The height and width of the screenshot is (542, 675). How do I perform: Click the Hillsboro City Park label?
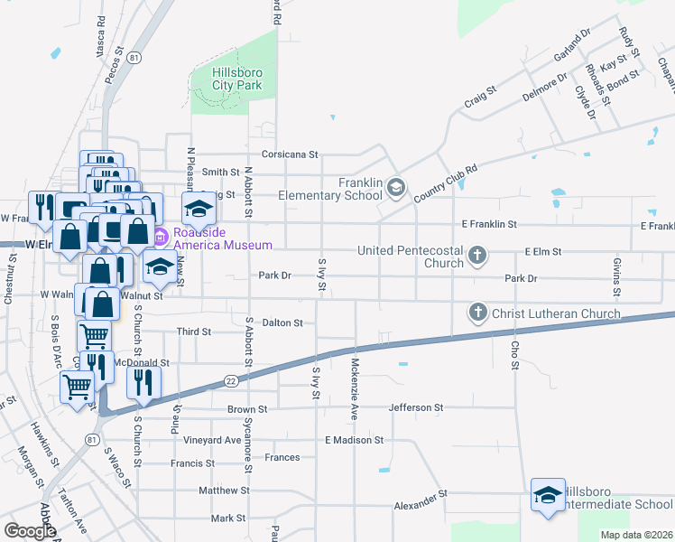[236, 79]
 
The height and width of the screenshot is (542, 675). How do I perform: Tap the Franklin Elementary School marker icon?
[396, 188]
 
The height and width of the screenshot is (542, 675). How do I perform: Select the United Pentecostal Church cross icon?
[477, 257]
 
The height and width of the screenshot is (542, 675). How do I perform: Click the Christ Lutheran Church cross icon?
[477, 313]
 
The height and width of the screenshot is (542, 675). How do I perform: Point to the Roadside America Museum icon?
[160, 238]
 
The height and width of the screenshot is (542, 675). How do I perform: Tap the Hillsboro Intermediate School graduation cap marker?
[547, 495]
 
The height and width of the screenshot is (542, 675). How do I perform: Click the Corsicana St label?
[291, 154]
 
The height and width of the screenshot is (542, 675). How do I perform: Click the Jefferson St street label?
[416, 407]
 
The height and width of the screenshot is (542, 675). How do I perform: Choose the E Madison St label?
[355, 440]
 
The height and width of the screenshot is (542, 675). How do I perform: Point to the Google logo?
[30, 531]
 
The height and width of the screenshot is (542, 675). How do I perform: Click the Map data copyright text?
[636, 535]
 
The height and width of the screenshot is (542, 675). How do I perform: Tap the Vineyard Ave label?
[213, 440]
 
